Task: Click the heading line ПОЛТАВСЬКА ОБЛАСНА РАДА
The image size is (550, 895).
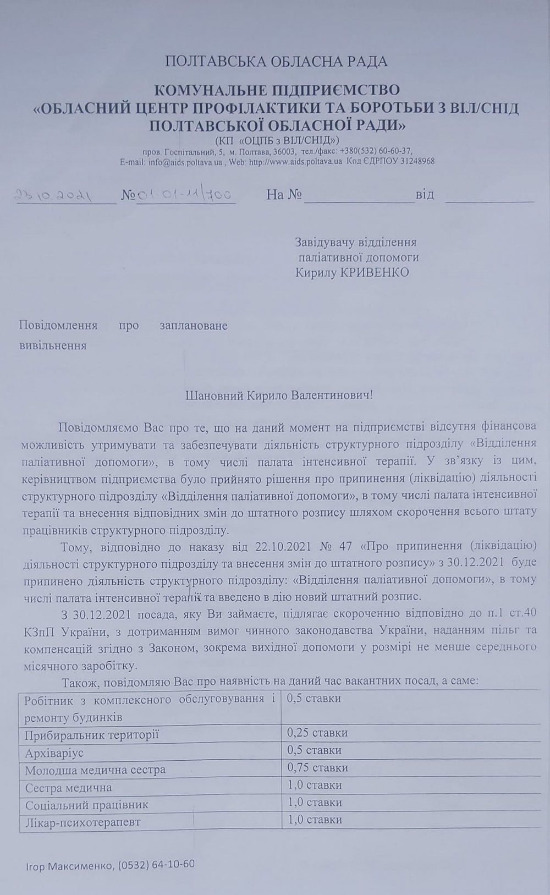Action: pos(276,61)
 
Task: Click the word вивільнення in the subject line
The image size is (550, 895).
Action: pos(53,346)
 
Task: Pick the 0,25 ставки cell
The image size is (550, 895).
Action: pos(317,733)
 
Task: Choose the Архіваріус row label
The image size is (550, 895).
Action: pos(54,752)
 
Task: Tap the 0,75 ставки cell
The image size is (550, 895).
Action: pos(317,767)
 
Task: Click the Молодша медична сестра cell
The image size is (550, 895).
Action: pos(95,770)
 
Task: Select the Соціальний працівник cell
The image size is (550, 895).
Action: pos(87,804)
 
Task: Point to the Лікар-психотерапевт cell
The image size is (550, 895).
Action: pos(82,822)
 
